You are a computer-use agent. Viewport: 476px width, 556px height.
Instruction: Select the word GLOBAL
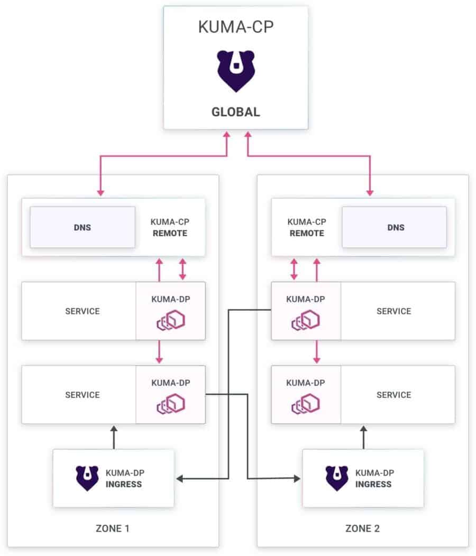[235, 112]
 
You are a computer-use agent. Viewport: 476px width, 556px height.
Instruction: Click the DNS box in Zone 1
[82, 227]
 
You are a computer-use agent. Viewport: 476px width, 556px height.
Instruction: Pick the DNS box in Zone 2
[395, 227]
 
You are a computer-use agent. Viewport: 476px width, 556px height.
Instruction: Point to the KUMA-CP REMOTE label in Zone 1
[169, 227]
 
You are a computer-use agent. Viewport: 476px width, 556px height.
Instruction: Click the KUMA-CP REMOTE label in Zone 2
[306, 227]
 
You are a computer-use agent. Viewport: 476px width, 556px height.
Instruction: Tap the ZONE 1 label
[113, 528]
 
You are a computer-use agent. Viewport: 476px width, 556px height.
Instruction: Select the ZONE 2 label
[362, 528]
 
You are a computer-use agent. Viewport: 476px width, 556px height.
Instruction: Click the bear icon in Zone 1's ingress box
[87, 478]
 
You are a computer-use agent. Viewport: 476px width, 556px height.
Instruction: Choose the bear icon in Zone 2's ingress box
[336, 478]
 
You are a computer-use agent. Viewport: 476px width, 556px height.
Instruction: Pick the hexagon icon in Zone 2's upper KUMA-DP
[305, 320]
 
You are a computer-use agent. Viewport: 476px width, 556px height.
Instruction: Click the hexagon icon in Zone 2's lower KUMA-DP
[305, 404]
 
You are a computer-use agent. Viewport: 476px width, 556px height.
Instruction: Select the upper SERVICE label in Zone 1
[82, 311]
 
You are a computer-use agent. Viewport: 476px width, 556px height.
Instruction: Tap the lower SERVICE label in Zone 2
[393, 395]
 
